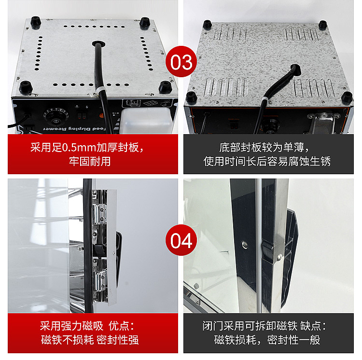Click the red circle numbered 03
click(181, 61)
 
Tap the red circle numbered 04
click(181, 240)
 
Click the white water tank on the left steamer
click(146, 121)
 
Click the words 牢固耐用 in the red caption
click(90, 161)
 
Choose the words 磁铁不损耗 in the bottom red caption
click(68, 340)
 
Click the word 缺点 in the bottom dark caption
click(310, 326)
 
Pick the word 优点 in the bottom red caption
click(119, 326)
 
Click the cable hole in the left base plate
click(98, 43)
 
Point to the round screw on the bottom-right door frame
click(245, 245)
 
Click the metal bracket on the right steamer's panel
click(323, 122)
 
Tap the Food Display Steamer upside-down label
click(74, 129)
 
